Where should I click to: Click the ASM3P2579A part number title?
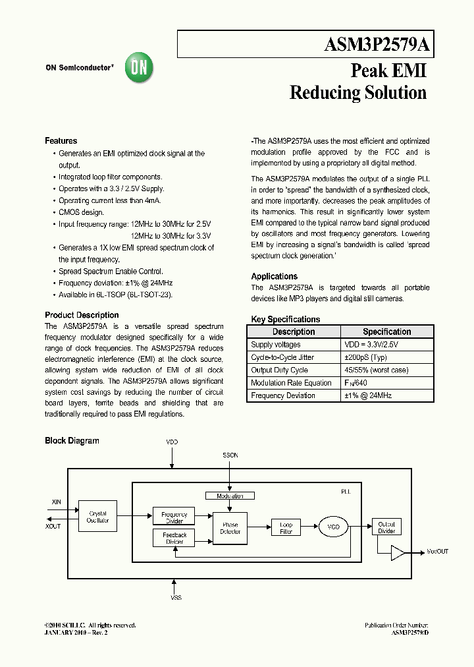pyautogui.click(x=377, y=45)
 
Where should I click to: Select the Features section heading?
pyautogui.click(x=61, y=141)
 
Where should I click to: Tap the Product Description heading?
pyautogui.click(x=82, y=315)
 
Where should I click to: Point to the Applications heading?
pyautogui.click(x=274, y=276)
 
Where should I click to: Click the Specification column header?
pyautogui.click(x=386, y=332)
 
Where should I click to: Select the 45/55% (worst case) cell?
pyautogui.click(x=376, y=370)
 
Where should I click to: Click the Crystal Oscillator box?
pyautogui.click(x=97, y=517)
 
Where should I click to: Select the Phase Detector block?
pyautogui.click(x=230, y=529)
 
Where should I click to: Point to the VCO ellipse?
pyautogui.click(x=334, y=527)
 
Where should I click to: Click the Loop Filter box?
pyautogui.click(x=286, y=527)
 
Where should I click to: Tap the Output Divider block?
pyautogui.click(x=386, y=528)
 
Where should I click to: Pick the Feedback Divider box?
pyautogui.click(x=174, y=538)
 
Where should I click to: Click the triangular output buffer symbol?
pyautogui.click(x=398, y=552)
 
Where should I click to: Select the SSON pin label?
pyautogui.click(x=230, y=455)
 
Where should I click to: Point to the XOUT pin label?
pyautogui.click(x=53, y=526)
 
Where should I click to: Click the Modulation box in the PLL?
pyautogui.click(x=230, y=496)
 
